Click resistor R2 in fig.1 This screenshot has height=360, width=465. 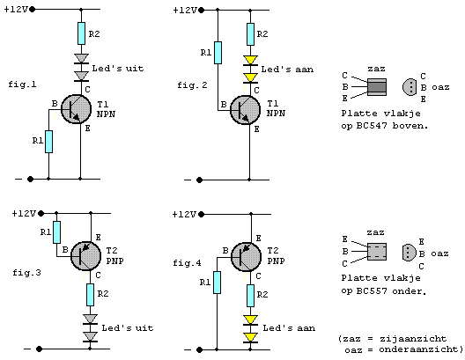click(x=81, y=33)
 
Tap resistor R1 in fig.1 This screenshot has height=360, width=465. click(x=49, y=142)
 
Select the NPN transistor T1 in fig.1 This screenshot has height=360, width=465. click(x=76, y=109)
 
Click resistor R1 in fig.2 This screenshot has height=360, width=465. click(x=218, y=53)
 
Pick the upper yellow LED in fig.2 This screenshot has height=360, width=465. click(x=250, y=61)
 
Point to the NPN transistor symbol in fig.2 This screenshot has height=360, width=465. click(x=245, y=110)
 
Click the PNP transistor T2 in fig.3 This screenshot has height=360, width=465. click(x=86, y=256)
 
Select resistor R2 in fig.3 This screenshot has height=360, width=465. click(x=90, y=295)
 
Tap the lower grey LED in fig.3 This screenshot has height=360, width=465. click(x=90, y=337)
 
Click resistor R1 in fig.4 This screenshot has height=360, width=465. click(x=217, y=283)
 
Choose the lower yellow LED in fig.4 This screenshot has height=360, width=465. click(x=250, y=338)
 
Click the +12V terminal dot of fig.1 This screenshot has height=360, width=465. click(x=33, y=10)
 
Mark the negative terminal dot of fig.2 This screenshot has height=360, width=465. click(x=200, y=180)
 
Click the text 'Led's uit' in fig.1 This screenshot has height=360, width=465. click(x=118, y=69)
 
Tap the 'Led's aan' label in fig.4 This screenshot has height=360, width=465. click(x=289, y=328)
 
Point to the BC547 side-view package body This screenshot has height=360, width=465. click(x=377, y=87)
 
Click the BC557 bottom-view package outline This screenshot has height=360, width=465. click(x=410, y=253)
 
